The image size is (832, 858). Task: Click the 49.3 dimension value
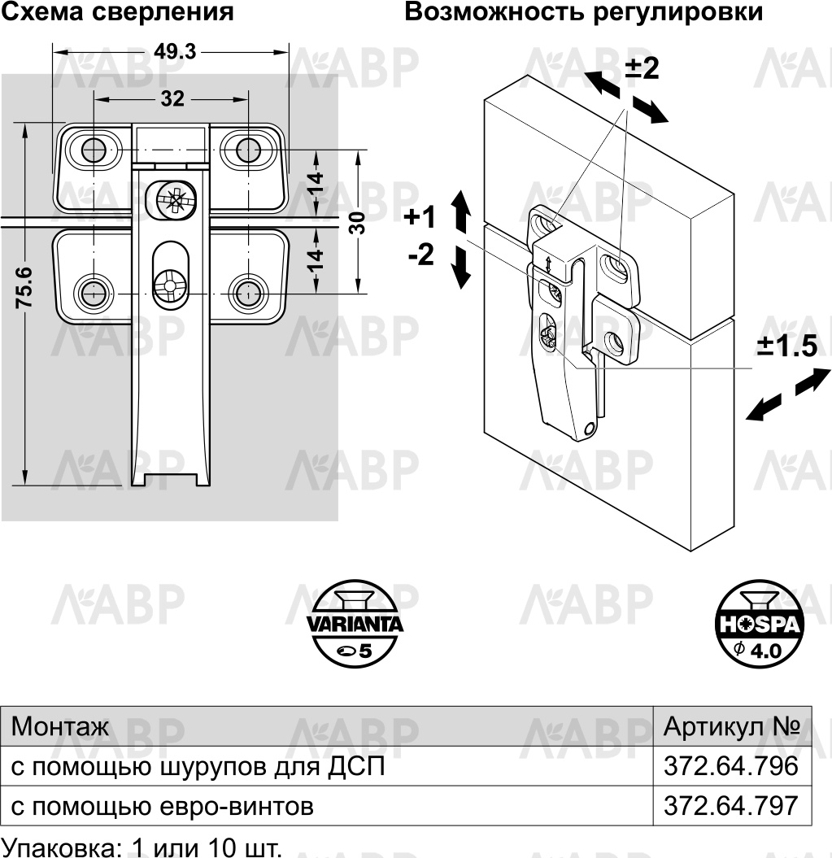(175, 51)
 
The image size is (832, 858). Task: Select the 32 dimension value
(172, 99)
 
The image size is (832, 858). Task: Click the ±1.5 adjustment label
(787, 346)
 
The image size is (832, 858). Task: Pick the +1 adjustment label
(420, 217)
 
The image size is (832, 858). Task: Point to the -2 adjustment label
(421, 255)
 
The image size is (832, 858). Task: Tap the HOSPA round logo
(758, 624)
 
